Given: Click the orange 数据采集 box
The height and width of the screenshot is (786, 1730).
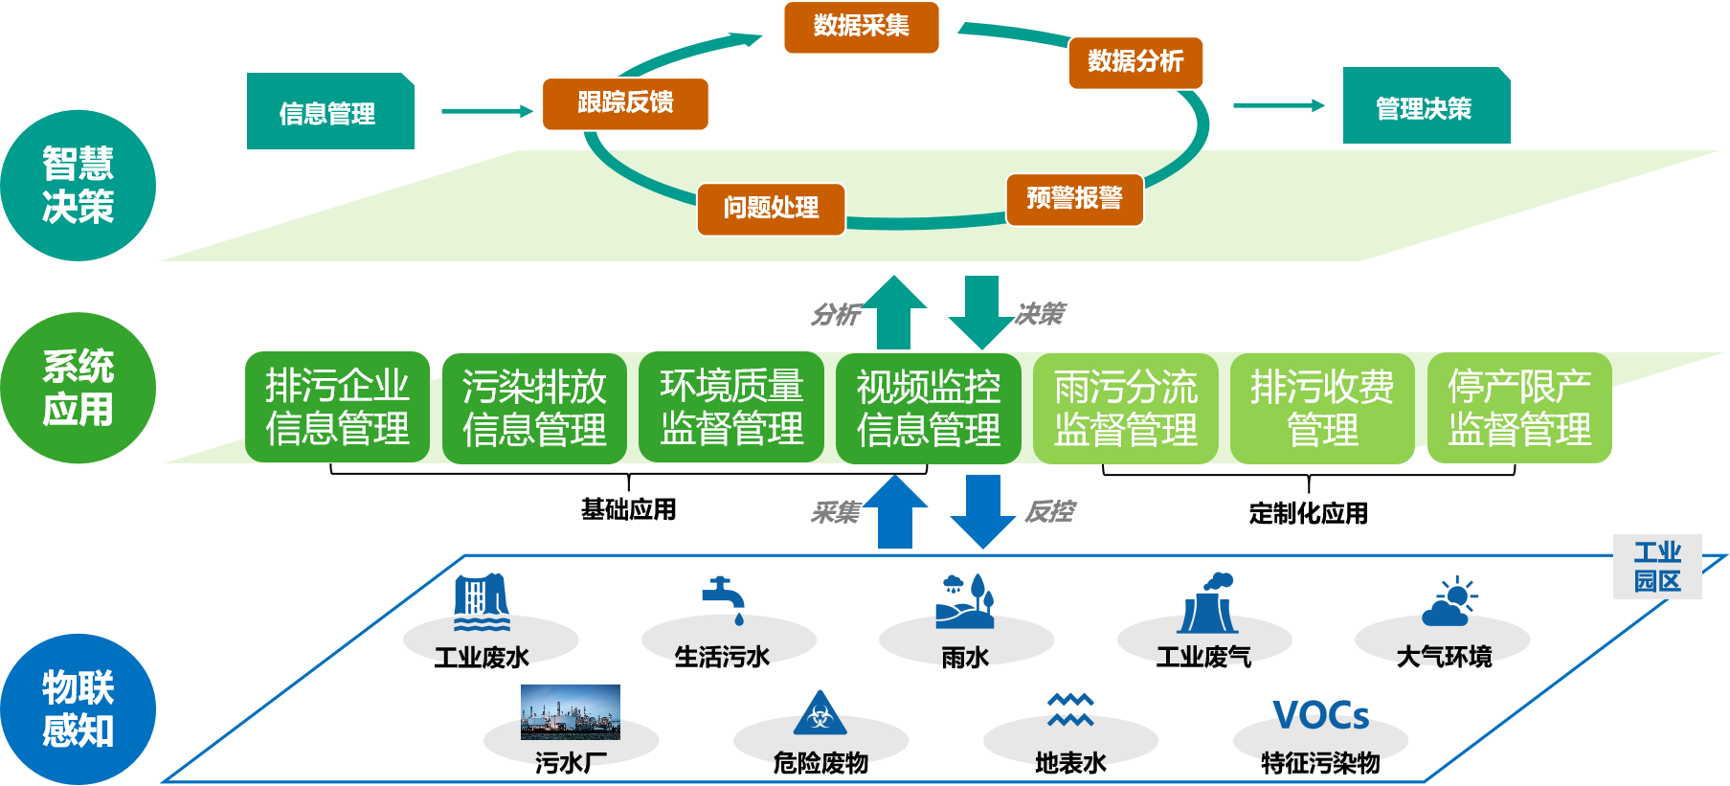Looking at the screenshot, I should pyautogui.click(x=861, y=27).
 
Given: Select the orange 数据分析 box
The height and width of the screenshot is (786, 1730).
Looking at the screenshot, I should pyautogui.click(x=1135, y=62).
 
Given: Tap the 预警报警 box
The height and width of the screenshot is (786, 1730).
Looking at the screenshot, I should pyautogui.click(x=1074, y=199).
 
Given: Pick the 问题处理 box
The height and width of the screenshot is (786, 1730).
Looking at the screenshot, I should pyautogui.click(x=771, y=209).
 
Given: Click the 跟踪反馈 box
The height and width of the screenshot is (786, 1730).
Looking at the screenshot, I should pyautogui.click(x=625, y=103).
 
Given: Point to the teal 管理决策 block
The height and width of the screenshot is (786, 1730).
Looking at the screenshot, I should pyautogui.click(x=1426, y=106).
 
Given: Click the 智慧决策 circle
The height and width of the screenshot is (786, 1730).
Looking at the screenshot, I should pyautogui.click(x=78, y=186).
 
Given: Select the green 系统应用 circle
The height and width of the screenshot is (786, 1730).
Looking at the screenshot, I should pyautogui.click(x=78, y=388).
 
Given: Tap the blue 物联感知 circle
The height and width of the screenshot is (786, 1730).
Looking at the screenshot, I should pyautogui.click(x=78, y=709).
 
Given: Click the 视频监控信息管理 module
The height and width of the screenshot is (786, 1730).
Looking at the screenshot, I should pyautogui.click(x=928, y=408).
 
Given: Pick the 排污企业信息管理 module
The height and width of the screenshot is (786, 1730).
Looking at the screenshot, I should pyautogui.click(x=337, y=408).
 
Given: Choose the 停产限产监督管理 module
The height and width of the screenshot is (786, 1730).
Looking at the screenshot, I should pyautogui.click(x=1519, y=408).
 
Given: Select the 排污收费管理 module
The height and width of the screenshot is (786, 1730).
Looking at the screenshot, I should pyautogui.click(x=1322, y=408).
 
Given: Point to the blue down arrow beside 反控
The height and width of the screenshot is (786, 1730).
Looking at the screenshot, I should pyautogui.click(x=983, y=510).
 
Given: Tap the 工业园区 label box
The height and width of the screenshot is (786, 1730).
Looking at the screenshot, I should pyautogui.click(x=1657, y=567).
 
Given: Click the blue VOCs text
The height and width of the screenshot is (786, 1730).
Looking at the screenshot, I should pyautogui.click(x=1321, y=715).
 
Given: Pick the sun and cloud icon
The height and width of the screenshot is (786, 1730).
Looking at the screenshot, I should pyautogui.click(x=1450, y=601).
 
